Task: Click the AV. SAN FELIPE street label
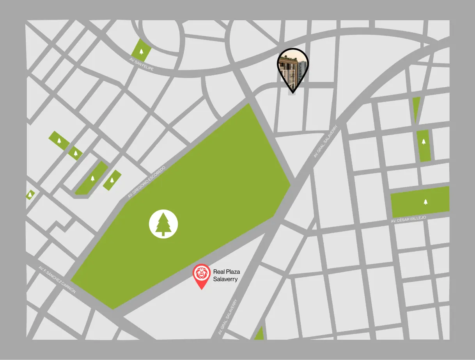[x=142, y=64]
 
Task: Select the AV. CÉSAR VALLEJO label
[x=408, y=219]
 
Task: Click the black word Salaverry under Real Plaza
[x=225, y=279]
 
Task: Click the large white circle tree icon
[x=163, y=224]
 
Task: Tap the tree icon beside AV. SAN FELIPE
[x=141, y=51]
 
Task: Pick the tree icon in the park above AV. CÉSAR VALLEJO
[x=425, y=202]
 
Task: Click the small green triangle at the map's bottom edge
[x=259, y=334]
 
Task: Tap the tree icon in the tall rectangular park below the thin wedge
[x=424, y=142]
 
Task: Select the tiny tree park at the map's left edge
[x=30, y=194]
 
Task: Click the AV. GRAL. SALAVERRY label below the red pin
[x=228, y=317]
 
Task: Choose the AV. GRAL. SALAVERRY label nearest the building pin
[x=325, y=142]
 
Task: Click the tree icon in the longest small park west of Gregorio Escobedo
[x=92, y=179]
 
